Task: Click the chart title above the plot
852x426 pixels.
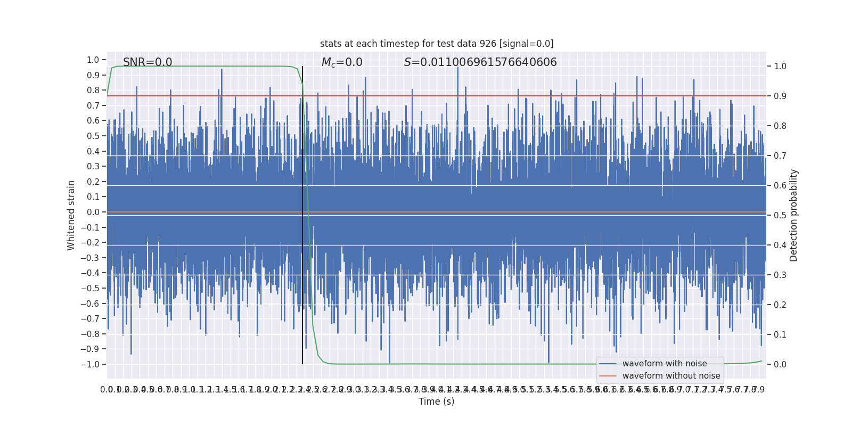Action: tap(437, 44)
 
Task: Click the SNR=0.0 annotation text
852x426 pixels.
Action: tap(148, 62)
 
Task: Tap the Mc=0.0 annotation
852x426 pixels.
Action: tap(342, 62)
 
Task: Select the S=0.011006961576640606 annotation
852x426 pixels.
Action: tap(480, 62)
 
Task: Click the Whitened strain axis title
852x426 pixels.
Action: tap(71, 215)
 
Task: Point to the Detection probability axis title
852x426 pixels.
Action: tap(794, 215)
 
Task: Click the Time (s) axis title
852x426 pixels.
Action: tap(436, 402)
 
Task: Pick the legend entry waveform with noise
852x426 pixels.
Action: tap(664, 364)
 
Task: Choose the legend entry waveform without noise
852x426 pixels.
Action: tap(671, 376)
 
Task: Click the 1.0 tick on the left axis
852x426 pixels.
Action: tap(93, 60)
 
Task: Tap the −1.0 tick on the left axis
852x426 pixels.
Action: tap(91, 364)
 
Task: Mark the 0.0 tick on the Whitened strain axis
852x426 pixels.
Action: tap(93, 212)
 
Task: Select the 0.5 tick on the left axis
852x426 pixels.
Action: tap(93, 136)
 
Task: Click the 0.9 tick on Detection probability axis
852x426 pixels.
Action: tap(780, 96)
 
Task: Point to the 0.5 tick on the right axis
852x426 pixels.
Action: tap(780, 216)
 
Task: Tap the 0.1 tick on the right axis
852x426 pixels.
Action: tap(780, 335)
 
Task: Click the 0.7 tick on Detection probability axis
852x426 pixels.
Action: tap(780, 156)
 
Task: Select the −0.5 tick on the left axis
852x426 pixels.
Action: tap(91, 288)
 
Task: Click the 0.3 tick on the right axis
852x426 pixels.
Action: tap(780, 275)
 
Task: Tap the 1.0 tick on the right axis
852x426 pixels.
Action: tap(780, 67)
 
